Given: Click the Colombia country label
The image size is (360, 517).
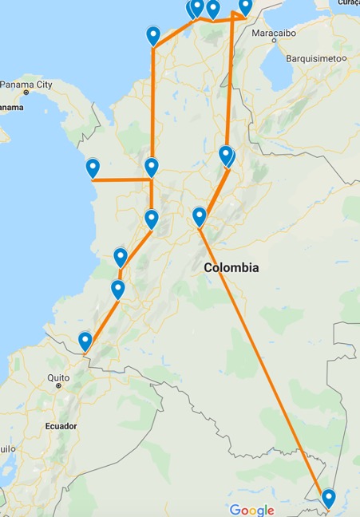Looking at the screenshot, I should (231, 268).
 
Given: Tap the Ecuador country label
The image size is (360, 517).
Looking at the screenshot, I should (61, 426).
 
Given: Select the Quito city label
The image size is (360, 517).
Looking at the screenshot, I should (58, 377).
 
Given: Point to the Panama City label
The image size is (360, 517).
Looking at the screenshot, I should (27, 85).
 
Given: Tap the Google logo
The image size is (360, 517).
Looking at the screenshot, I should (251, 510).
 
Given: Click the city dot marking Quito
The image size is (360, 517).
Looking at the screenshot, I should (59, 385).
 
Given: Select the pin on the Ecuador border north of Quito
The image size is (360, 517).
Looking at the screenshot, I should (85, 341).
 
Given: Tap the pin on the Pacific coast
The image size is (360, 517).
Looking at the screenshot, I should (93, 168).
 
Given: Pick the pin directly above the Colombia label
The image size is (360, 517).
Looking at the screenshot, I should (200, 216).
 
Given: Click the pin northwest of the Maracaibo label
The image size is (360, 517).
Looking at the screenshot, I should (245, 6).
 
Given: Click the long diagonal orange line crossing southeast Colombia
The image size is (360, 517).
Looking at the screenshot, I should (263, 367).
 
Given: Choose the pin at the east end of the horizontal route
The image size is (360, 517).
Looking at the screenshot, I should (152, 168).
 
